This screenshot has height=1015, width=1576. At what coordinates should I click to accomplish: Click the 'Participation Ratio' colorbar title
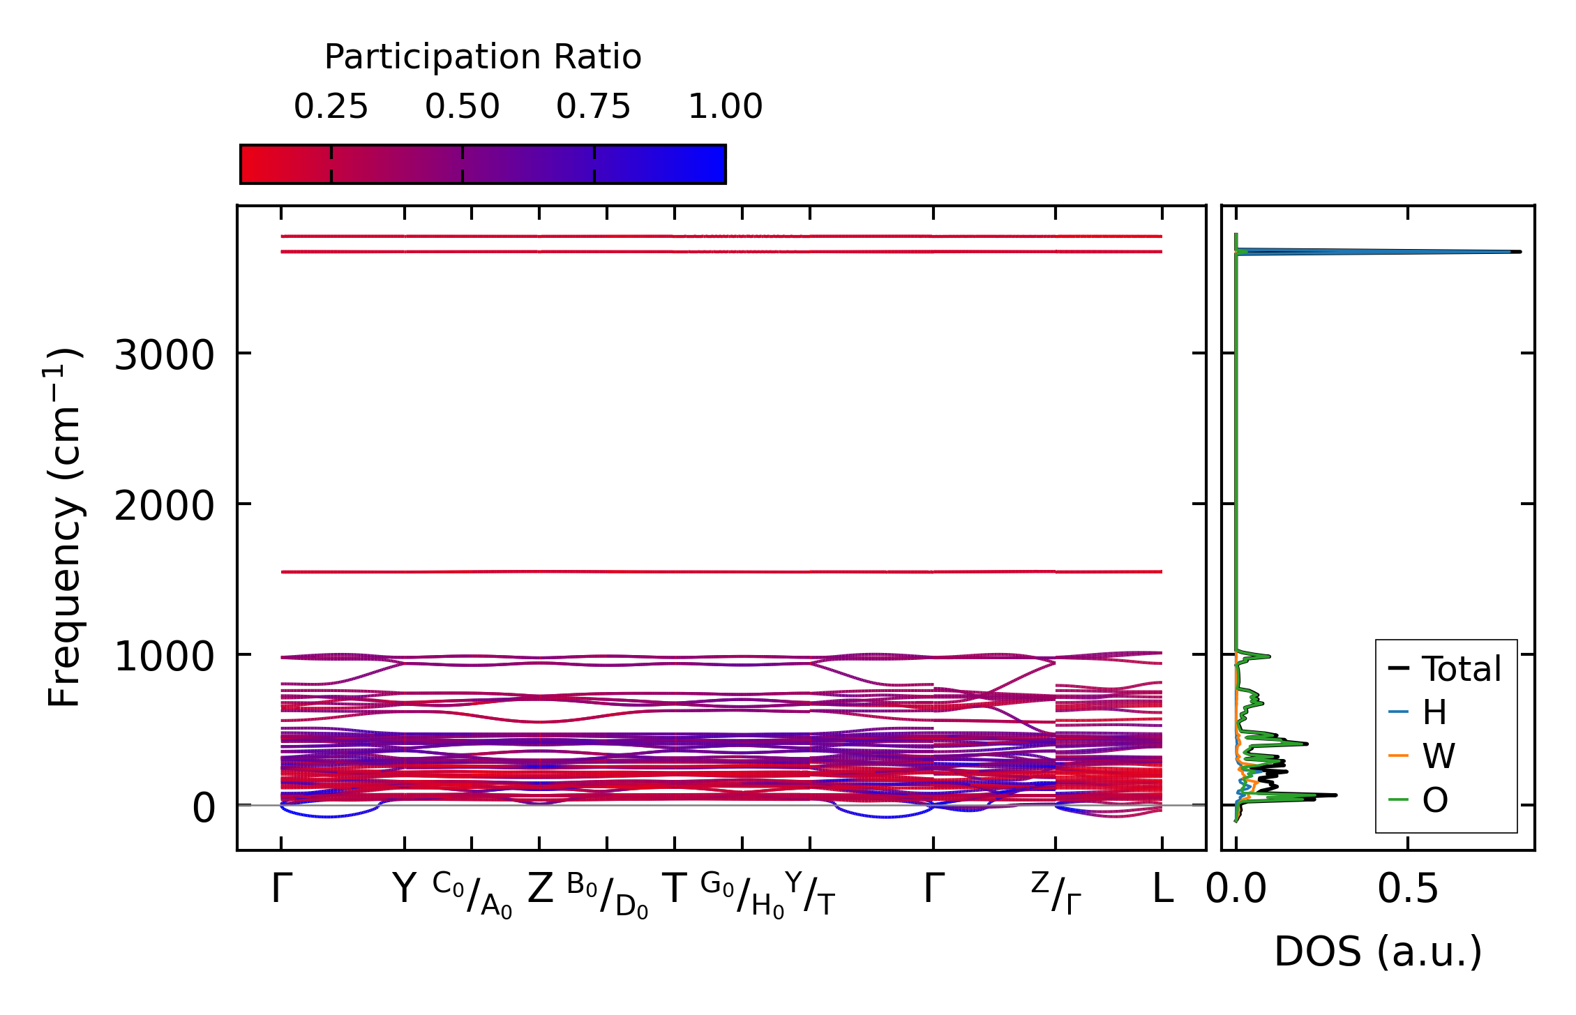(x=483, y=57)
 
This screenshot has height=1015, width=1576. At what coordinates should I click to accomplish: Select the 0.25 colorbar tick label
(x=331, y=107)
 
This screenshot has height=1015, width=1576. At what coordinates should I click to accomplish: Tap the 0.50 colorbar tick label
(x=463, y=107)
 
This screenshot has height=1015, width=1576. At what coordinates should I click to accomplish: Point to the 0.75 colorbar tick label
(x=594, y=107)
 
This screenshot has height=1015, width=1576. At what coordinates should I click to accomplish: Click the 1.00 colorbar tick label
(x=726, y=107)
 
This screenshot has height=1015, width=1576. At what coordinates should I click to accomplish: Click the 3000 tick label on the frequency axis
(x=164, y=356)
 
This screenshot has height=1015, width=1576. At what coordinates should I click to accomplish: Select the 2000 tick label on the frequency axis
(x=164, y=506)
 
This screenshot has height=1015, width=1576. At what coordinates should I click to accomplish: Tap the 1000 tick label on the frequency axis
(x=164, y=657)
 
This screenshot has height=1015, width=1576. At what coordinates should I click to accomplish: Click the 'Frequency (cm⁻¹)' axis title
(x=64, y=527)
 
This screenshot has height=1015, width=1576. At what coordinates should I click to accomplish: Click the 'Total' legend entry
(x=1461, y=669)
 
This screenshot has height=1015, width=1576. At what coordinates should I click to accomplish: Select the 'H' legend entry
(x=1434, y=712)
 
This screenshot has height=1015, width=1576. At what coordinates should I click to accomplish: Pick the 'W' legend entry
(x=1439, y=756)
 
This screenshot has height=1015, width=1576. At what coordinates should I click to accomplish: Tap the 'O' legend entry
(x=1435, y=800)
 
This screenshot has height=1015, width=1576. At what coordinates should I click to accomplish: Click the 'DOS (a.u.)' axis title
(x=1378, y=952)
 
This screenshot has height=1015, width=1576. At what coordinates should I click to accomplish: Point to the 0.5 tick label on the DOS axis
(x=1408, y=889)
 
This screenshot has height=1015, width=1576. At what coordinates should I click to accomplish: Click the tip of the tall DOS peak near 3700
(x=1519, y=252)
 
